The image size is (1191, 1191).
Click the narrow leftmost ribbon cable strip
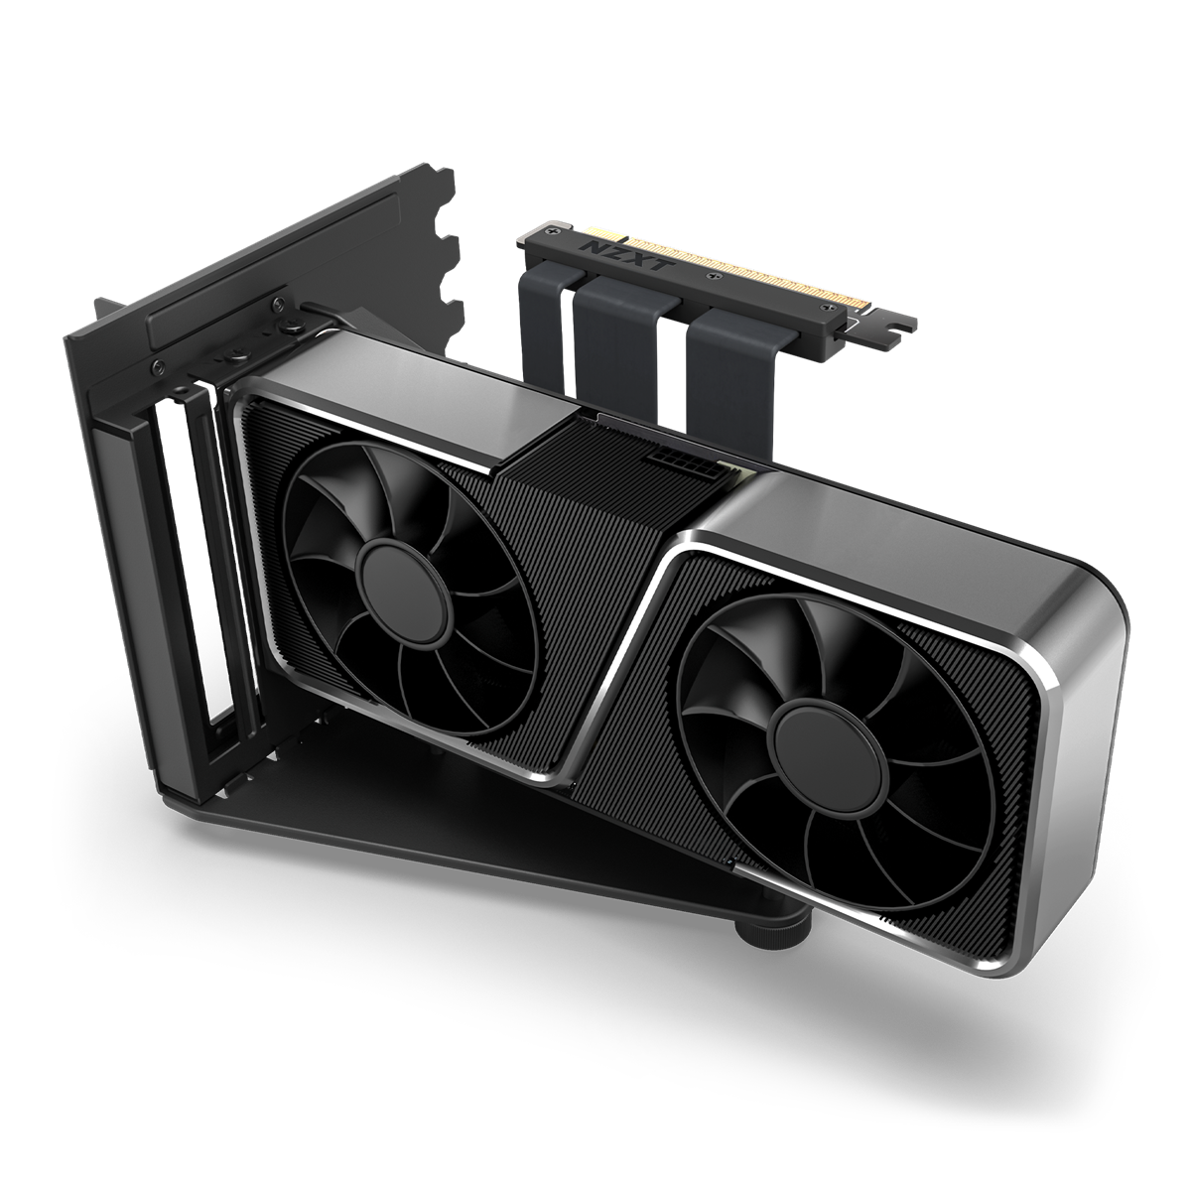coord(543,308)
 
